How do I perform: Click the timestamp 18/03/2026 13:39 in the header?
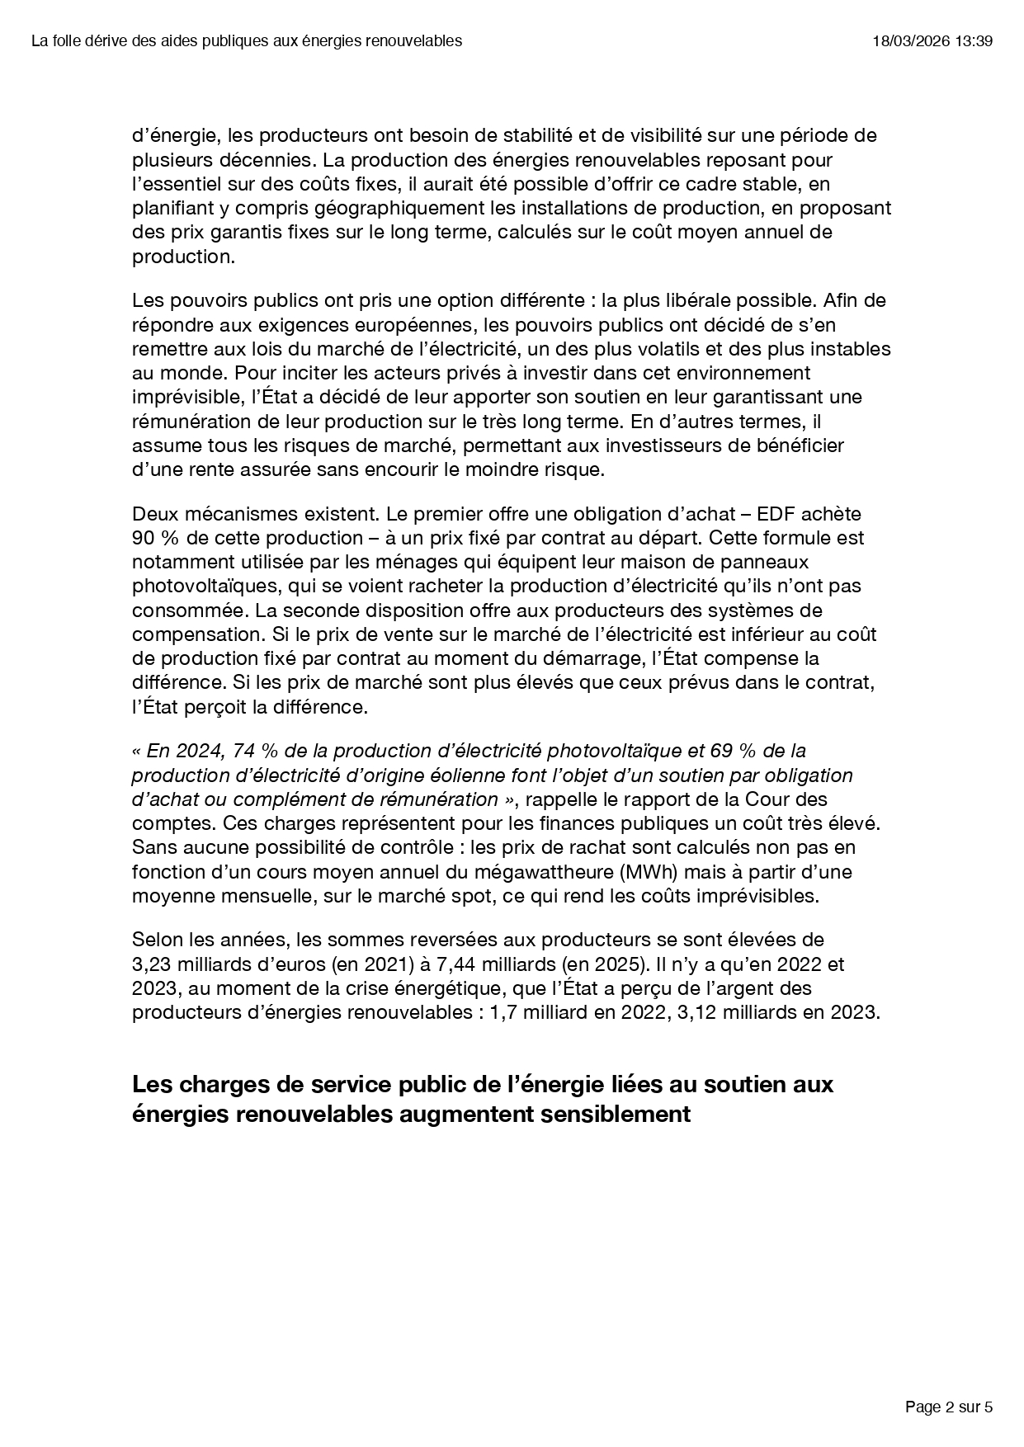(x=932, y=41)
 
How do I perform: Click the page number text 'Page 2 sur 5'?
(x=948, y=1407)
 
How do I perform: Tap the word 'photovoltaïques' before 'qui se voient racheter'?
(x=195, y=586)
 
